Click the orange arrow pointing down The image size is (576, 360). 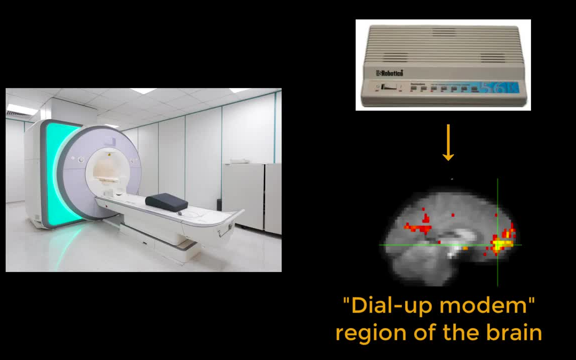(x=448, y=143)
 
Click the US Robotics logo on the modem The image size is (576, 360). (x=389, y=73)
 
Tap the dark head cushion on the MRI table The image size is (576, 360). (x=166, y=202)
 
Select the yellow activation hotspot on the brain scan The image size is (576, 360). (x=501, y=243)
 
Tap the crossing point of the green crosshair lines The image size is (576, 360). (x=497, y=244)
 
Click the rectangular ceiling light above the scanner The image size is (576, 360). (x=143, y=91)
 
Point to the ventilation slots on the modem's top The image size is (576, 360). (x=443, y=45)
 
